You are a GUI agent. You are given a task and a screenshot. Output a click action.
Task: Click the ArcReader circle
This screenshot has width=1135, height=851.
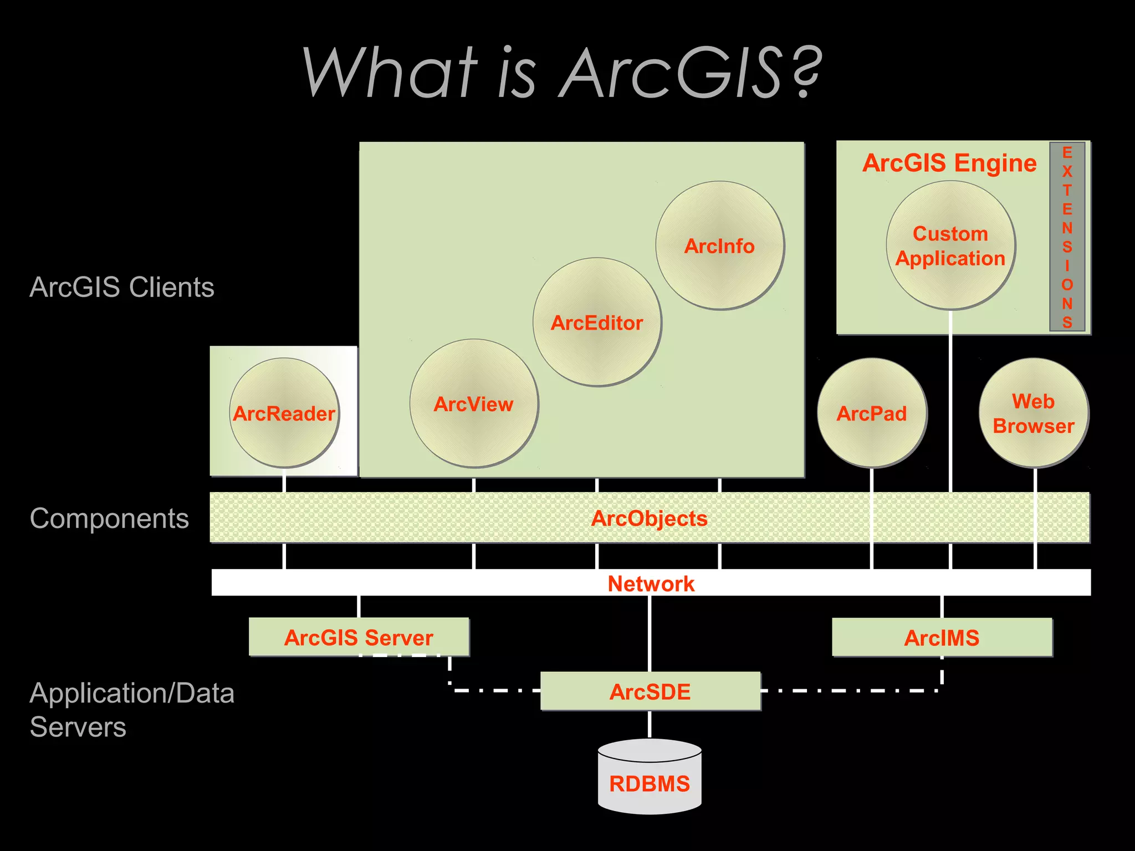pyautogui.click(x=284, y=413)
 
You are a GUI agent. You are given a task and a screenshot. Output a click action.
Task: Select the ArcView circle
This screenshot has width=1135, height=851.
pyautogui.click(x=474, y=403)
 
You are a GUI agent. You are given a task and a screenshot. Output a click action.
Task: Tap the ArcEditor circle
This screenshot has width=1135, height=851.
pyautogui.click(x=597, y=322)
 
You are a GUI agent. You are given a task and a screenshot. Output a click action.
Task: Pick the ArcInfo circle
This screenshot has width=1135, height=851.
pyautogui.click(x=719, y=245)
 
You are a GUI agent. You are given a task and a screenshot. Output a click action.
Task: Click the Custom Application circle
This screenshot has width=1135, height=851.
pyautogui.click(x=950, y=245)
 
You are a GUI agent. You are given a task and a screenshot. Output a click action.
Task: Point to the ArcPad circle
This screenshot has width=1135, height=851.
pyautogui.click(x=872, y=413)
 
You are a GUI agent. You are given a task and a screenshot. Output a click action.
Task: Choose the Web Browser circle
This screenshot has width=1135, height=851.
pyautogui.click(x=1034, y=413)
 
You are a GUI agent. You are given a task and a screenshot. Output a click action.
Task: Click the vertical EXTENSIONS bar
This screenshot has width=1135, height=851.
pyautogui.click(x=1067, y=237)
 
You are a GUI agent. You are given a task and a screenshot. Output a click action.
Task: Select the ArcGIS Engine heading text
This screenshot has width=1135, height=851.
pyautogui.click(x=949, y=163)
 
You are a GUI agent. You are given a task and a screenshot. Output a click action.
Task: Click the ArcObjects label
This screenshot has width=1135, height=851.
pyautogui.click(x=650, y=518)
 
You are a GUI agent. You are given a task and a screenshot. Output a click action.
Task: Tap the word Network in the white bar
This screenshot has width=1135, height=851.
pyautogui.click(x=651, y=583)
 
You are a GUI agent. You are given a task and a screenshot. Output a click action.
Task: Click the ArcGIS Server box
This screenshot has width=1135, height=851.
pyautogui.click(x=359, y=637)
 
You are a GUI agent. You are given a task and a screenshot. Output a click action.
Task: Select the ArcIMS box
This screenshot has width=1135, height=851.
pyautogui.click(x=942, y=637)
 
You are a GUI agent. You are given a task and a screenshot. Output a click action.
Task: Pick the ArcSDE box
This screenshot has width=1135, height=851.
pyautogui.click(x=650, y=691)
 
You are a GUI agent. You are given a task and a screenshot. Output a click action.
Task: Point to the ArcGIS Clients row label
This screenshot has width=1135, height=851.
pyautogui.click(x=122, y=287)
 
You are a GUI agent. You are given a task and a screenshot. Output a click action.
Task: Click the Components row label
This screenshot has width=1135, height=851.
pyautogui.click(x=109, y=519)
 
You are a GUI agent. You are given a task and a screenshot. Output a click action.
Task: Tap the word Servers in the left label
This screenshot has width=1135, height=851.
pyautogui.click(x=78, y=727)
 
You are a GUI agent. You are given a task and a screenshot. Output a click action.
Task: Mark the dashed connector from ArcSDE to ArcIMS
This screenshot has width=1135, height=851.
pyautogui.click(x=853, y=690)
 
